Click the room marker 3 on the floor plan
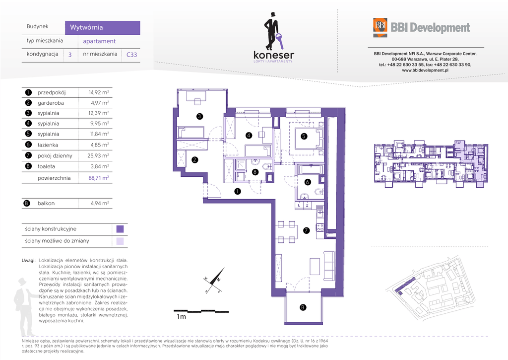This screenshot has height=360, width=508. pyautogui.click(x=199, y=116)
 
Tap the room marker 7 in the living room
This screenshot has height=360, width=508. pyautogui.click(x=307, y=230)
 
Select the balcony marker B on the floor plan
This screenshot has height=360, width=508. pyautogui.click(x=303, y=307)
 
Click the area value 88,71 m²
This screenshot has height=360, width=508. pyautogui.click(x=99, y=178)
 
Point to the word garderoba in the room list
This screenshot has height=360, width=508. pyautogui.click(x=51, y=103)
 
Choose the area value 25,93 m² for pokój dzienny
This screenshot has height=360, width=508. pyautogui.click(x=98, y=156)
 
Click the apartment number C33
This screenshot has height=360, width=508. pyautogui.click(x=131, y=55)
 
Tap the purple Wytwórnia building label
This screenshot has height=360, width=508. pyautogui.click(x=102, y=28)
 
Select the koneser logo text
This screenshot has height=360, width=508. pyautogui.click(x=274, y=55)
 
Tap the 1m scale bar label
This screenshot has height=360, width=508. pyautogui.click(x=182, y=316)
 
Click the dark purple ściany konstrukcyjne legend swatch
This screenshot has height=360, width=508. pyautogui.click(x=120, y=229)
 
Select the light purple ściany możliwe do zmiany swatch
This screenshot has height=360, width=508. pyautogui.click(x=120, y=241)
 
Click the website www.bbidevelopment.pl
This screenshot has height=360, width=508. pyautogui.click(x=425, y=70)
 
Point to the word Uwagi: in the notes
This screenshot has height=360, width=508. pyautogui.click(x=28, y=260)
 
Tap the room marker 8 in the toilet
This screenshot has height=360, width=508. pyautogui.click(x=255, y=172)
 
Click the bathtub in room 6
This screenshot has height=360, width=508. pyautogui.click(x=310, y=170)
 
